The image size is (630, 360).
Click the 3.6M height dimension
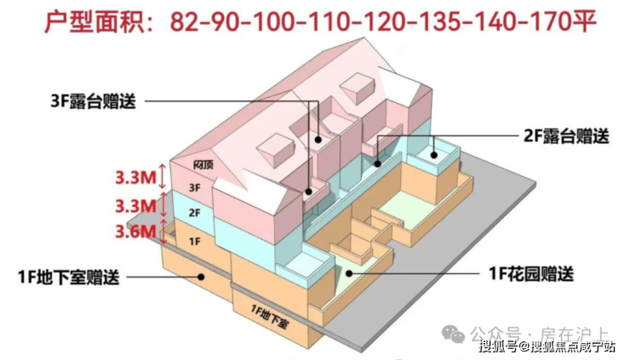click(136, 231)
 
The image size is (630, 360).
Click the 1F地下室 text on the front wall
click(272, 310)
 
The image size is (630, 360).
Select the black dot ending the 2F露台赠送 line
click(435, 154)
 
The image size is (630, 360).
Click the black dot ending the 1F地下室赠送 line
click(201, 275)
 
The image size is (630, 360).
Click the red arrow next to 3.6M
click(163, 231)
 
